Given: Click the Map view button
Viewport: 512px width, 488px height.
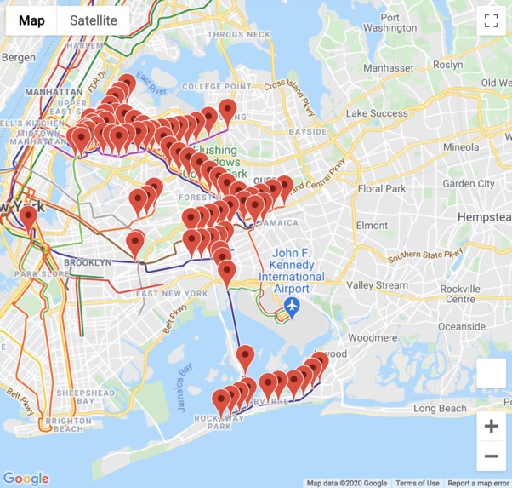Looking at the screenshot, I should click(x=31, y=20).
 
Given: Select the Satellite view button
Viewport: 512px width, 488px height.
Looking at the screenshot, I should click(x=94, y=20).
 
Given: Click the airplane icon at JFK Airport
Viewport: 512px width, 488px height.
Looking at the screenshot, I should click(x=293, y=306).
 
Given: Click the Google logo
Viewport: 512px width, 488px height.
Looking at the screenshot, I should click(x=26, y=479).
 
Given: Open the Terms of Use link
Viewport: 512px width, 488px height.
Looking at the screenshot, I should click(x=417, y=483).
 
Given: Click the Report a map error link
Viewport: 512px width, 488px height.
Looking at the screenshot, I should click(x=478, y=483).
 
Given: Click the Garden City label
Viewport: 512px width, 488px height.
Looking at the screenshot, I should click(x=468, y=183).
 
